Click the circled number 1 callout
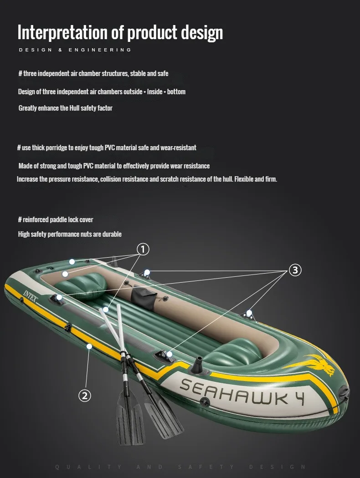[143, 249]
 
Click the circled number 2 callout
[85, 396]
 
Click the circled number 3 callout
[295, 270]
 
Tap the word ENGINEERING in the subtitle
[100, 50]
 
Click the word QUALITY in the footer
[88, 467]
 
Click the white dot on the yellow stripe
[89, 346]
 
